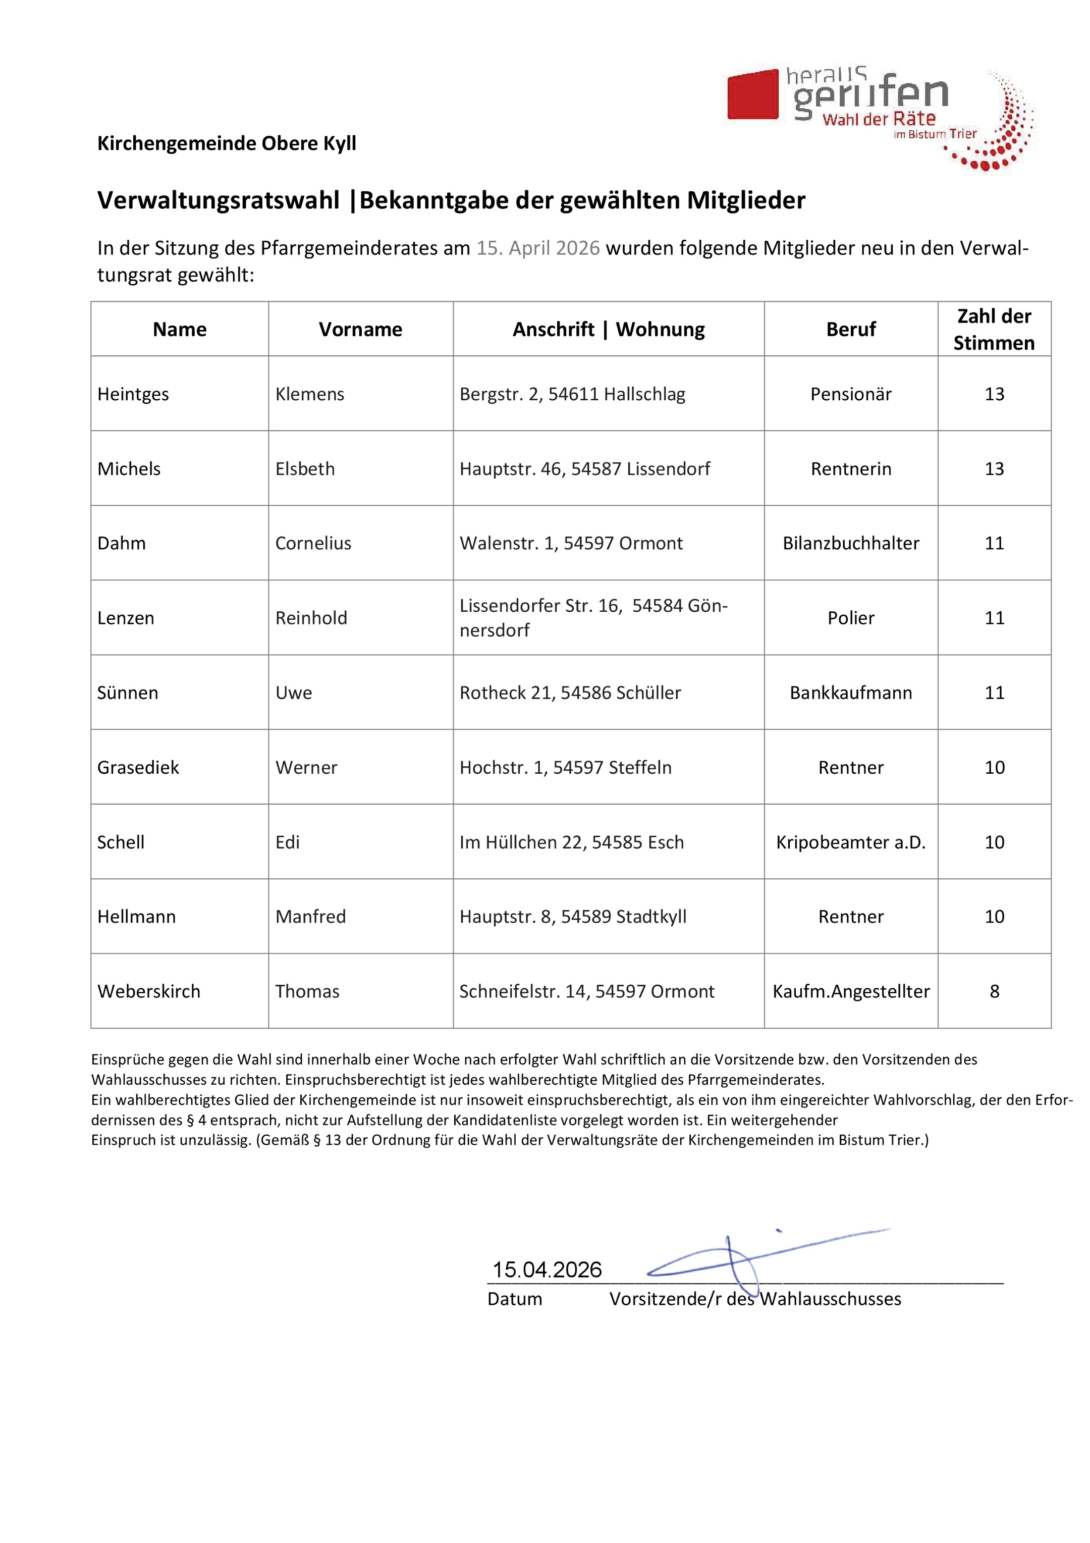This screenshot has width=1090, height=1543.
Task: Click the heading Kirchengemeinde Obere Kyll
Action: (x=227, y=143)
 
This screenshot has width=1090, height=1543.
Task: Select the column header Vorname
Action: (x=360, y=329)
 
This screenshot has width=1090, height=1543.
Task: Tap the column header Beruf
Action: (x=851, y=329)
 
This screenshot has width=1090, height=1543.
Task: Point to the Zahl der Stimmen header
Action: (x=994, y=329)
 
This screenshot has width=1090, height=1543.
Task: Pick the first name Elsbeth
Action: (x=305, y=468)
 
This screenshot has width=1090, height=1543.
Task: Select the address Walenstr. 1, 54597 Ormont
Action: (x=571, y=543)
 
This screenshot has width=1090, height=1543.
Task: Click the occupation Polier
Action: (x=851, y=618)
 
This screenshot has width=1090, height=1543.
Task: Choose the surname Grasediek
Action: (x=138, y=768)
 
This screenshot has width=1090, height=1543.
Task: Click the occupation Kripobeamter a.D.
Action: (x=851, y=842)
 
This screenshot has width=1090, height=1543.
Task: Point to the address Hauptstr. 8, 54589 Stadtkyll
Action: (x=573, y=917)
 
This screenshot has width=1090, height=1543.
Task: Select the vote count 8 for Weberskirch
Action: (x=995, y=991)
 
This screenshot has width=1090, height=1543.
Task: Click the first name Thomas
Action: (x=307, y=991)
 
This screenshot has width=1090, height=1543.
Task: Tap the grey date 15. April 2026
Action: (x=537, y=248)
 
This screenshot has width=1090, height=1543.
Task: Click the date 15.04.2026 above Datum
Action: (x=547, y=1269)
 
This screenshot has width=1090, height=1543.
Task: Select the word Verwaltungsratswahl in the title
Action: (x=219, y=200)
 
